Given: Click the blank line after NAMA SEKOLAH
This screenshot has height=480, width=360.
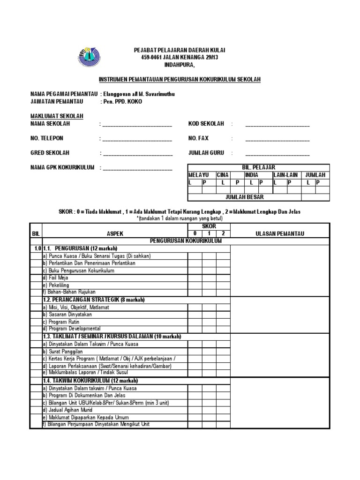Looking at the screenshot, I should coord(137,125).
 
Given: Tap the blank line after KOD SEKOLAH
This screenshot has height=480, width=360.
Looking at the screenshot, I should coord(277,125).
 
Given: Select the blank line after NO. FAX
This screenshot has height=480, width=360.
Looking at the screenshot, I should coord(277,140).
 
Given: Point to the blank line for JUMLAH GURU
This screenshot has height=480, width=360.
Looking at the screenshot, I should coord(277,154).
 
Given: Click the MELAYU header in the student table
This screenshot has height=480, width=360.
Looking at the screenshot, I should coord(198,175).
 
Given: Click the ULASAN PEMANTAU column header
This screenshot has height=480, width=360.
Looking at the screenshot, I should coord(280,233).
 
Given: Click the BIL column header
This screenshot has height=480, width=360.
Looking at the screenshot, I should coord(36,233).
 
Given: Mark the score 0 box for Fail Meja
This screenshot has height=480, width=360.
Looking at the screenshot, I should coord(195,277).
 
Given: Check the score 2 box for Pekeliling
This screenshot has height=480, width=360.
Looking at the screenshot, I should coord(223,285).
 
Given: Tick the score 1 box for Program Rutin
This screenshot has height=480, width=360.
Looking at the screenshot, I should coord(209,322).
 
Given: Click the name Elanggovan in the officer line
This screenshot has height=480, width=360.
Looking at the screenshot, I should coord(121,94).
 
